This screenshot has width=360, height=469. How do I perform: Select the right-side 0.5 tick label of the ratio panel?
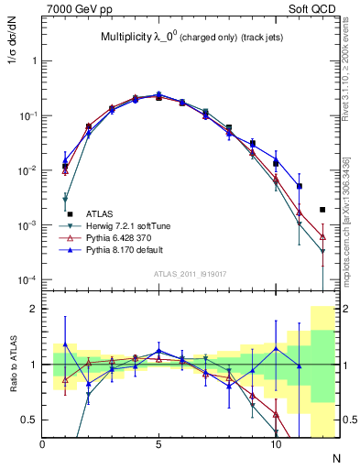coord(349,420)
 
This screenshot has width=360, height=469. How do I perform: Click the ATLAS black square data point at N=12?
coord(322,210)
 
